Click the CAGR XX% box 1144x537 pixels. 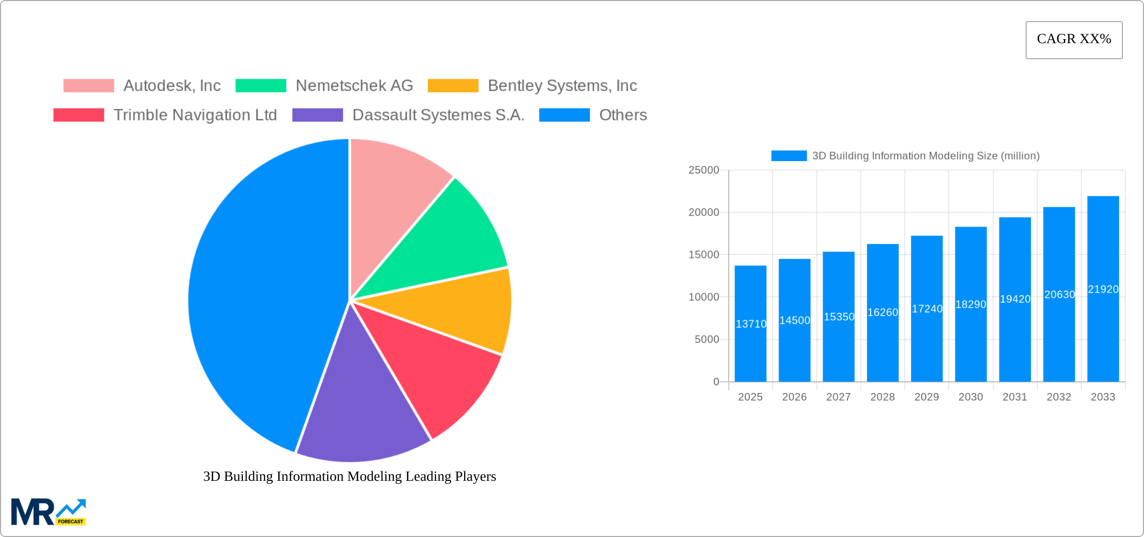point(1074,40)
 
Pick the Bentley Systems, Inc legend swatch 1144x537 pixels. point(453,86)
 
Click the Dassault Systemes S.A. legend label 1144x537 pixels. point(438,115)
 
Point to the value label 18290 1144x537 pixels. point(970,305)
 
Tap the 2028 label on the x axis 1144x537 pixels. point(882,397)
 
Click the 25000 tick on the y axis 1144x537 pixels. point(703,170)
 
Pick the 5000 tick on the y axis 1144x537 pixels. point(706,340)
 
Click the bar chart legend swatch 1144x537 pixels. point(789,156)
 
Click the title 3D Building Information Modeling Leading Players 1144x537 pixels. point(349,476)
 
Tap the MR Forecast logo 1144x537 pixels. point(49,512)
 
